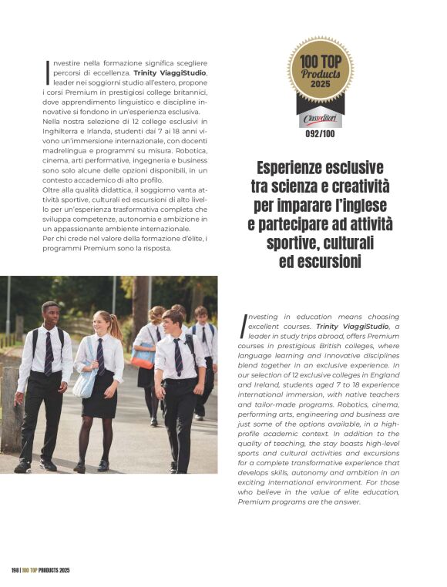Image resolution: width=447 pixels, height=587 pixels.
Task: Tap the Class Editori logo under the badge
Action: [x=320, y=120]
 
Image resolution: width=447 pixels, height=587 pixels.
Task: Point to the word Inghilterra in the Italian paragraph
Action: [x=66, y=131]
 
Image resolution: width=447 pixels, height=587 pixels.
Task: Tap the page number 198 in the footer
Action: [x=15, y=570]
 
